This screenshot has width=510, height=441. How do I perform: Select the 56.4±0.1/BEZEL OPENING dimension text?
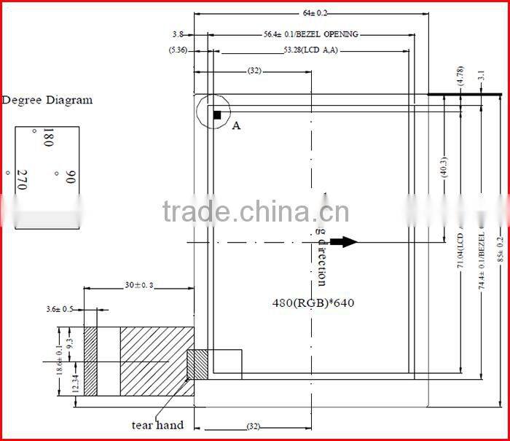311,34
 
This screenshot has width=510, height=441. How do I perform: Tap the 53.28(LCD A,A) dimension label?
310,50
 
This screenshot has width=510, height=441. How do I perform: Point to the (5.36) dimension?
178,50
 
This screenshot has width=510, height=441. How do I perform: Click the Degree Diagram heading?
47,101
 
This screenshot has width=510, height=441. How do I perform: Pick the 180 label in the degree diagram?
49,138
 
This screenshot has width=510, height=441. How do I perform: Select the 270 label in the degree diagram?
22,179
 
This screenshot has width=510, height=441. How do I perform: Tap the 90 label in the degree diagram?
71,177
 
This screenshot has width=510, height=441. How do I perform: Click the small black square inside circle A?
217,114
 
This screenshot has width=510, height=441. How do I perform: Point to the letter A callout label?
236,126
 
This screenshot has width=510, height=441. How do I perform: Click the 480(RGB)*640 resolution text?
313,303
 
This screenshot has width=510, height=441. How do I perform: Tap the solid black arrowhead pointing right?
349,242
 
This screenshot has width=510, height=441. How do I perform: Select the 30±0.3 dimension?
138,286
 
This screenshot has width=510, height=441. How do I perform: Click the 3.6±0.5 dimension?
61,310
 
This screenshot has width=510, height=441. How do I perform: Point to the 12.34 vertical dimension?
76,382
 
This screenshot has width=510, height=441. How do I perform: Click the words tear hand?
157,425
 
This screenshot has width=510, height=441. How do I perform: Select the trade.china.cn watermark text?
255,212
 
